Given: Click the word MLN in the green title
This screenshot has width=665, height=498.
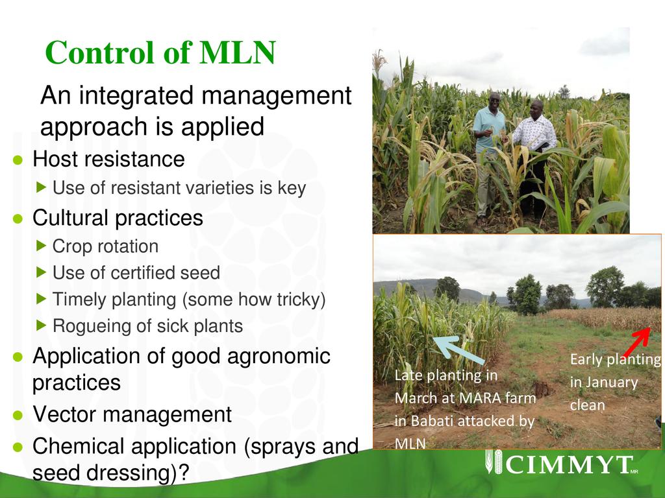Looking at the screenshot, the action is pyautogui.click(x=238, y=53).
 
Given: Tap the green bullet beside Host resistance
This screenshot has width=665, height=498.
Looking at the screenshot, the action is pyautogui.click(x=18, y=160).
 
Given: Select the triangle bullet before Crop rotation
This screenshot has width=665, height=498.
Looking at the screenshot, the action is pyautogui.click(x=41, y=246).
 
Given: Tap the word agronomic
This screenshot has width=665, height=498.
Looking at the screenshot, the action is pyautogui.click(x=279, y=357).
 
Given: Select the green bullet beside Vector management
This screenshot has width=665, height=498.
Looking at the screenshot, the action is pyautogui.click(x=18, y=416).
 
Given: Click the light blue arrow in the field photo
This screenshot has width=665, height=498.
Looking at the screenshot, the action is pyautogui.click(x=458, y=350).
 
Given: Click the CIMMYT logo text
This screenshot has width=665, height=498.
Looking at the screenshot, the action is pyautogui.click(x=569, y=464).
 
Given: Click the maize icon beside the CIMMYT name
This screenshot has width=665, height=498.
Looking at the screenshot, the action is pyautogui.click(x=494, y=462).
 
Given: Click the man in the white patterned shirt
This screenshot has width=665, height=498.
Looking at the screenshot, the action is pyautogui.click(x=534, y=157).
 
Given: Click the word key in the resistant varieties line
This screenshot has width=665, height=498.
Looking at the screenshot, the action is pyautogui.click(x=292, y=188).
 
